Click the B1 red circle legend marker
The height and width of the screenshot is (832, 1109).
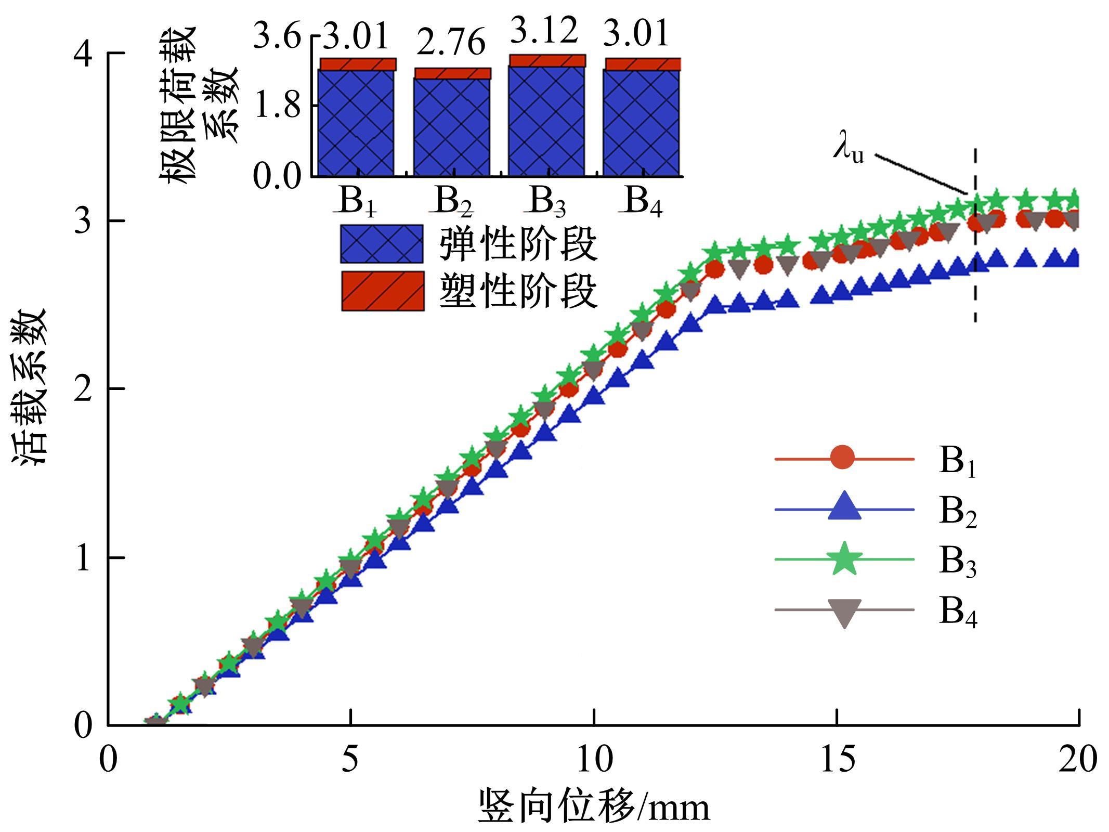[x=842, y=458]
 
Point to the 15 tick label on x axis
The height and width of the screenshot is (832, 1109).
[x=837, y=759]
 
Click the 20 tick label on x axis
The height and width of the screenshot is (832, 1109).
[x=1078, y=759]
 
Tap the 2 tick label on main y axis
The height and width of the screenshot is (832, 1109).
[x=83, y=389]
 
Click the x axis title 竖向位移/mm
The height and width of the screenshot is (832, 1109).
[x=593, y=807]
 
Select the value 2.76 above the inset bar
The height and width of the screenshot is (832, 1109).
[x=451, y=43]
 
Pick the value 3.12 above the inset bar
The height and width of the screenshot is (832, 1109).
[x=544, y=31]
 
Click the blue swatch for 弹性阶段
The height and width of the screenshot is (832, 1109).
[x=382, y=243]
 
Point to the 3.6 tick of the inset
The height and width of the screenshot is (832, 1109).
[x=277, y=37]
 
